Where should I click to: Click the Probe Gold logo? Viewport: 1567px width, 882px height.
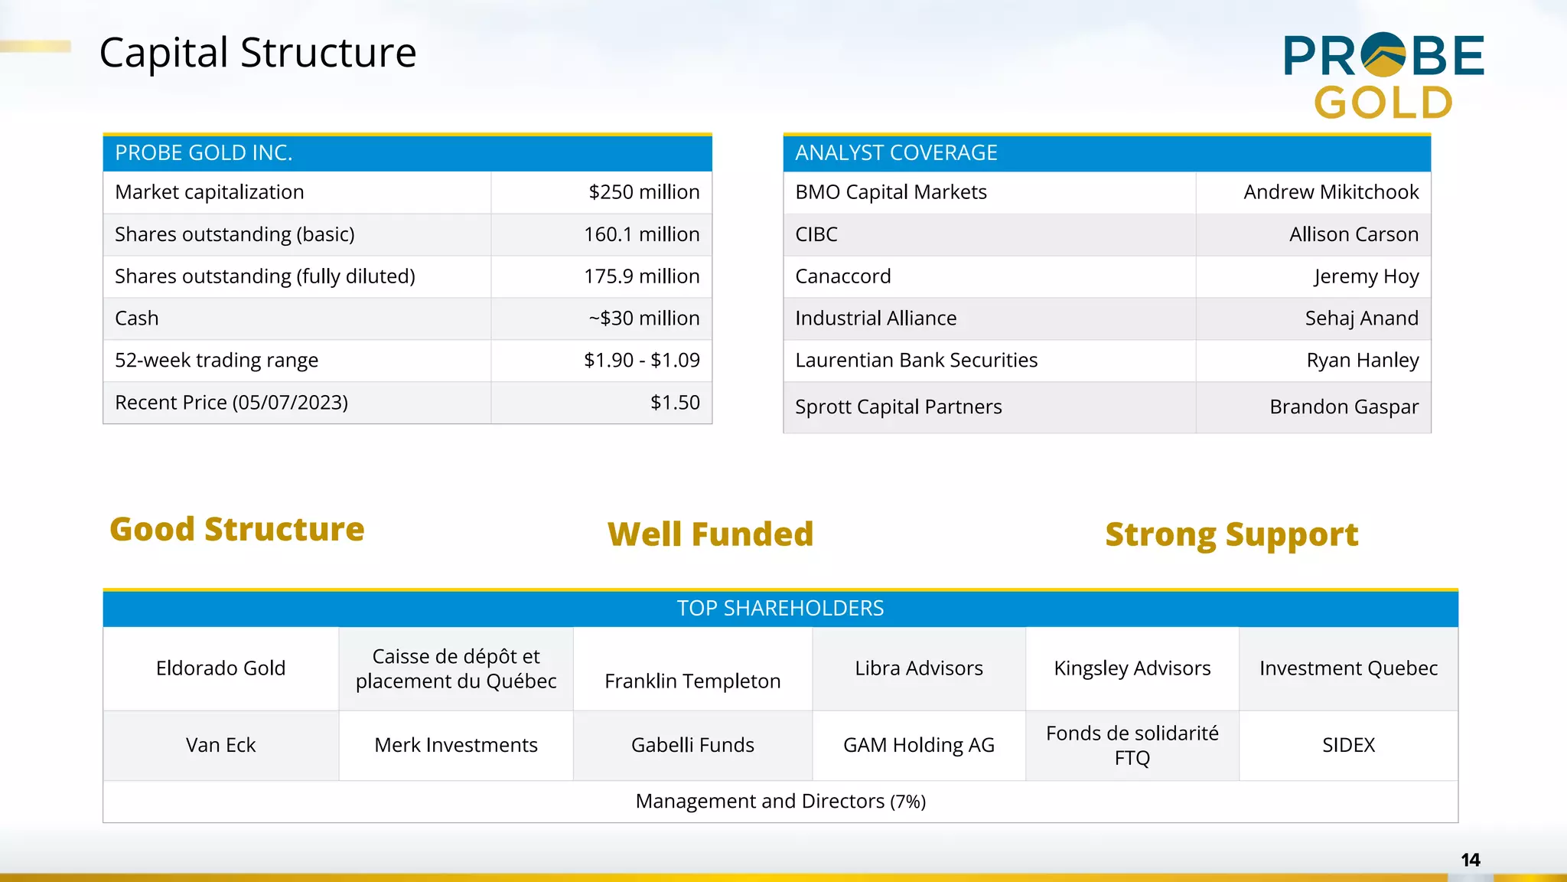click(x=1383, y=77)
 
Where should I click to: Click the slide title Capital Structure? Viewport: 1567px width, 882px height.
click(x=258, y=53)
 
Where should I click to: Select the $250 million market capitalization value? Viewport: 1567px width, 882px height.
click(x=643, y=192)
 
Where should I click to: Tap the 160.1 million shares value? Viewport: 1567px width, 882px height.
click(x=641, y=234)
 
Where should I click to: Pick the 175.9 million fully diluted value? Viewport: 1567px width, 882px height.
click(x=641, y=276)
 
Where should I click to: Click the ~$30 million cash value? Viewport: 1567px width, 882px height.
click(x=643, y=318)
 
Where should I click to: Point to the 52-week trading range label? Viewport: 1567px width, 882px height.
click(x=217, y=361)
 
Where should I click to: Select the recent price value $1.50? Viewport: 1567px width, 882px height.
click(x=675, y=403)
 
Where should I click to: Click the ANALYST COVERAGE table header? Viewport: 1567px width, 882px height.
click(x=896, y=153)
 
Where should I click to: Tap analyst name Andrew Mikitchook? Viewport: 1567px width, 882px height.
click(x=1331, y=192)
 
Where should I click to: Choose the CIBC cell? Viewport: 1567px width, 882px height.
click(x=816, y=234)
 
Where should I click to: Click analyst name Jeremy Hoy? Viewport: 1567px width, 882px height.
click(x=1367, y=276)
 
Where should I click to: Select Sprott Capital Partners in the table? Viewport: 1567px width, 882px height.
click(x=898, y=407)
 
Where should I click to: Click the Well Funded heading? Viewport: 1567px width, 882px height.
click(x=710, y=534)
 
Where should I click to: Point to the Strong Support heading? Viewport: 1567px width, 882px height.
click(x=1231, y=534)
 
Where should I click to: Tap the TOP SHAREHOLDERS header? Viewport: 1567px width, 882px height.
click(x=780, y=609)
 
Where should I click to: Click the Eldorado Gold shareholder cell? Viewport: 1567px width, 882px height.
click(x=220, y=668)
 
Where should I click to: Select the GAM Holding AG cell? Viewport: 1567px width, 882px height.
click(x=918, y=745)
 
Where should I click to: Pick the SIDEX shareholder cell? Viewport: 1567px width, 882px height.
click(x=1348, y=745)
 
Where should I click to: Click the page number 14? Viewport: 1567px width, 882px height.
click(x=1470, y=860)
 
